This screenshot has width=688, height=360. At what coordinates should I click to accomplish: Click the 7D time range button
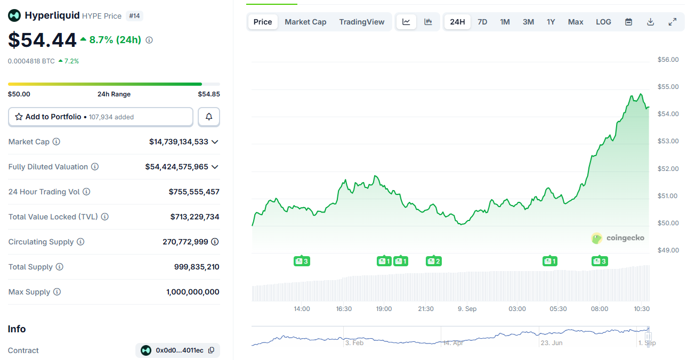[x=482, y=22]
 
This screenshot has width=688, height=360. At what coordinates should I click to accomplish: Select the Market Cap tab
[x=305, y=22]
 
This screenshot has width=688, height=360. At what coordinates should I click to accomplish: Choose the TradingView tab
[x=361, y=22]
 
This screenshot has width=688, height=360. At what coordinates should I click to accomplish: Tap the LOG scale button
[x=603, y=22]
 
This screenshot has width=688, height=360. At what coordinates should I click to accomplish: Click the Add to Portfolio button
[x=101, y=117]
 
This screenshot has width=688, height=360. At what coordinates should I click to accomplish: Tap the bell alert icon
[x=209, y=117]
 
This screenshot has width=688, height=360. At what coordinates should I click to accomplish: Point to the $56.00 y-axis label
[x=668, y=60]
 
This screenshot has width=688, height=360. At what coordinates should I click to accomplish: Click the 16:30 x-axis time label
[x=344, y=309]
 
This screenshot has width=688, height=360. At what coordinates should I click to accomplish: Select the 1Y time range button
[x=551, y=22]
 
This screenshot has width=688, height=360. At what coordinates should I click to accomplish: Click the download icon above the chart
[x=650, y=22]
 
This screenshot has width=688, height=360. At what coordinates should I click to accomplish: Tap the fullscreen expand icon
[x=673, y=22]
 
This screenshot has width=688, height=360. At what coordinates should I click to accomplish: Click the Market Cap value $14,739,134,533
[x=179, y=142]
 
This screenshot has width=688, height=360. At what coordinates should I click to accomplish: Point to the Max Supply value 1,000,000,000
[x=192, y=292]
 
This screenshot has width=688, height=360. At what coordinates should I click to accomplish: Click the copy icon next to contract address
[x=211, y=350]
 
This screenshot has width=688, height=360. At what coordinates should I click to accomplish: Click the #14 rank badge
[x=134, y=16]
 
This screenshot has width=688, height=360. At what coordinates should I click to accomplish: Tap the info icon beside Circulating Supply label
[x=80, y=242]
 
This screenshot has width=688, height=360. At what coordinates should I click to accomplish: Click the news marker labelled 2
[x=433, y=261]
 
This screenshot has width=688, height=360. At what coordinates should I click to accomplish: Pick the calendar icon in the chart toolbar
[x=628, y=22]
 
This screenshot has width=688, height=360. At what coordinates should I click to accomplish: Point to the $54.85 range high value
[x=209, y=94]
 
